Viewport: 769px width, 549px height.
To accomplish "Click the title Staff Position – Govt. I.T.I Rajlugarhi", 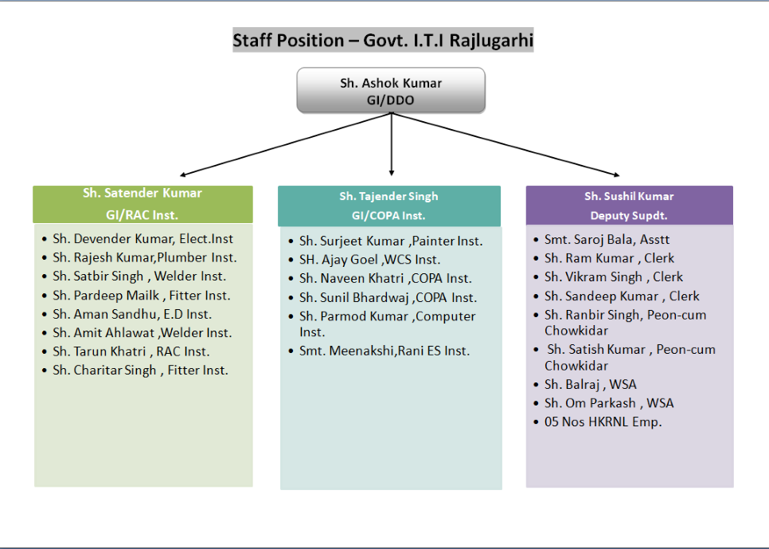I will [x=383, y=40].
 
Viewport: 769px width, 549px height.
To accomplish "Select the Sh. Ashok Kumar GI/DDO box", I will [x=391, y=90].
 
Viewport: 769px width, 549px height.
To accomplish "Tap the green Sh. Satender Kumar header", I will [x=142, y=204].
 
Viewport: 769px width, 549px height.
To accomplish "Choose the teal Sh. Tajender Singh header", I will [x=388, y=206].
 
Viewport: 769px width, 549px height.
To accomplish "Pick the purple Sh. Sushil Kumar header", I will [x=629, y=206].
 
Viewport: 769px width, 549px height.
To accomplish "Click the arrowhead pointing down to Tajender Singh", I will [x=391, y=171].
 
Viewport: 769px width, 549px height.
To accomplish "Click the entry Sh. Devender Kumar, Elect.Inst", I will [x=142, y=239].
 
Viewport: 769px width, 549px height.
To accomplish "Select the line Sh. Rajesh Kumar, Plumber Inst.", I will [x=144, y=257].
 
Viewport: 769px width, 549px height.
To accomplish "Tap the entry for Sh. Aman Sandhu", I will [x=131, y=314].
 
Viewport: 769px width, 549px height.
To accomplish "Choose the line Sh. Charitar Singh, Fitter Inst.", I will [x=140, y=370].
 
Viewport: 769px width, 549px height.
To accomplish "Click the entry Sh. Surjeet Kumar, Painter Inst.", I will [x=390, y=241].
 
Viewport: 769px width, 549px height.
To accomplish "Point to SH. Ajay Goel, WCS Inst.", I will [x=369, y=260].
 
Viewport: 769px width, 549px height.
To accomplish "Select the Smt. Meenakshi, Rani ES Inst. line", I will [x=384, y=351].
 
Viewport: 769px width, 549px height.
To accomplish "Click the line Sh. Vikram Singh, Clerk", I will [x=613, y=276].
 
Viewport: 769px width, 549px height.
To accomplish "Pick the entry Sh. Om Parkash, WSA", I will [x=608, y=403].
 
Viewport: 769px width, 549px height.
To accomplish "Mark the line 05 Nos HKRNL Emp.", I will [x=603, y=422].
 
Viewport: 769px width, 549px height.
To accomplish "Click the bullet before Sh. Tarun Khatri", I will [x=44, y=352].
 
